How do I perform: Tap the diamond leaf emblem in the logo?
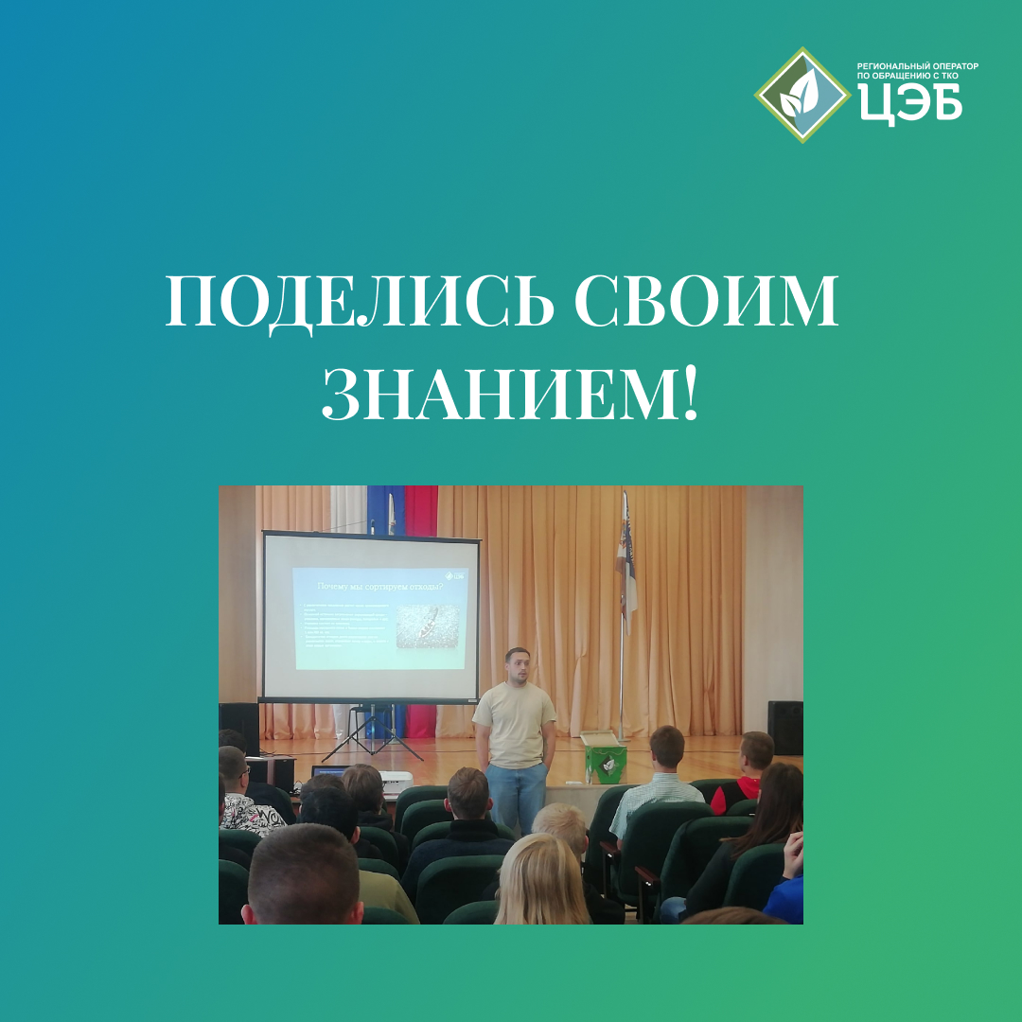coord(802,94)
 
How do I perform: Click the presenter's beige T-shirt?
coord(514,724)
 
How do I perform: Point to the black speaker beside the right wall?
coord(784,727)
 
